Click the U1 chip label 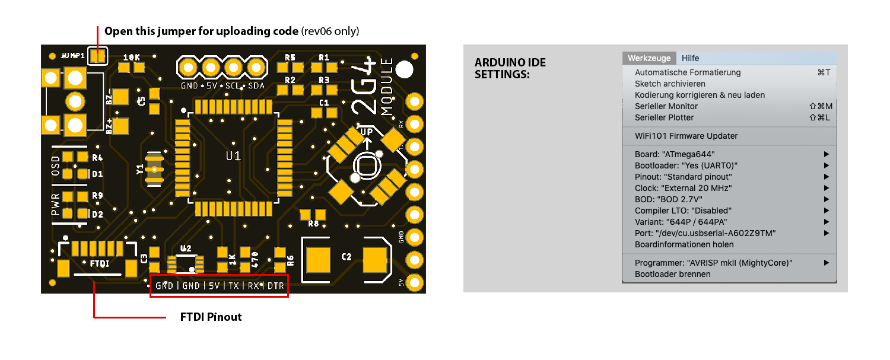233,156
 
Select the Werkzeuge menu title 649,58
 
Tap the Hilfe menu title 690,58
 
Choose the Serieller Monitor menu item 666,106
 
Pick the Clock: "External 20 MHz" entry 683,188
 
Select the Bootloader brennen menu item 672,274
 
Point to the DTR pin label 275,286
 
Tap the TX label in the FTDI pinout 234,286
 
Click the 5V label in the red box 214,286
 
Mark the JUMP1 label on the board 72,55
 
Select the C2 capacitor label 347,256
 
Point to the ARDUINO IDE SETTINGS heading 510,69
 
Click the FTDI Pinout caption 211,317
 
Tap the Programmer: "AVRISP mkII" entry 713,263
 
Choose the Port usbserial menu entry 705,233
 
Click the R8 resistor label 313,224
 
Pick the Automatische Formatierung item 688,72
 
